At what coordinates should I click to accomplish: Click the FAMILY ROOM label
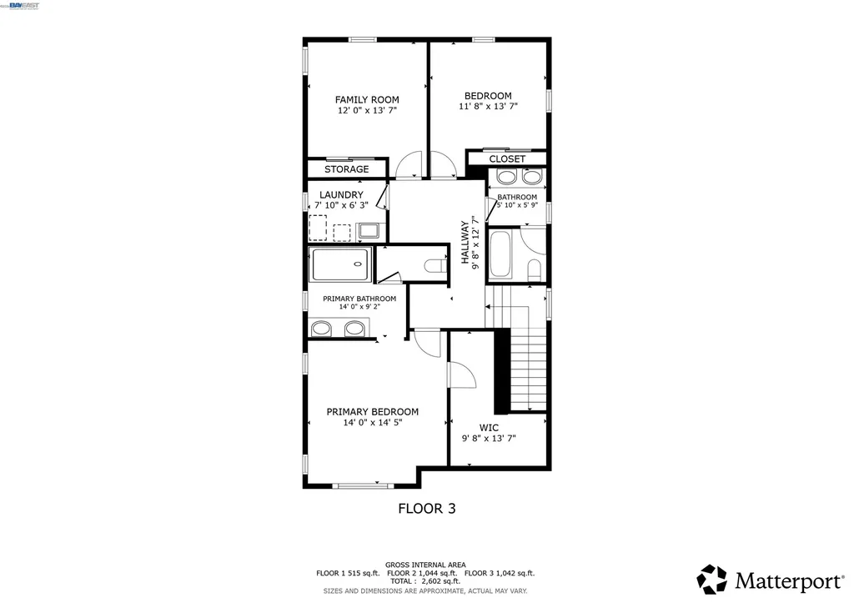coord(367,99)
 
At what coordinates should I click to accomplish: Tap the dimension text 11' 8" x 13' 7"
coord(488,107)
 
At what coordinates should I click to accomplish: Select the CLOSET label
coord(507,158)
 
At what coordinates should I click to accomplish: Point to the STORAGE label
coord(346,169)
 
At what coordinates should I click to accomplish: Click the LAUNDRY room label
coord(341,195)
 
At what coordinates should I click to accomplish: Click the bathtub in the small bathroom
coord(502,254)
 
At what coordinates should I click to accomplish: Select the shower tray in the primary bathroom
coord(340,264)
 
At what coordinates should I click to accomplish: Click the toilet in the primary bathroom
coord(434,266)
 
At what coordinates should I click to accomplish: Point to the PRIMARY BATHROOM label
coord(359,299)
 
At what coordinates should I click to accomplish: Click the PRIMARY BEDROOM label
coord(372,412)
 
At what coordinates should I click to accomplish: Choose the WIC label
coord(489,427)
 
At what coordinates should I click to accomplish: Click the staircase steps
coord(528,367)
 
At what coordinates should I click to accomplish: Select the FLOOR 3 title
coord(426,507)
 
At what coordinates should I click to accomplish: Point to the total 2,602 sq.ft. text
coord(425,581)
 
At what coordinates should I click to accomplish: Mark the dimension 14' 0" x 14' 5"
coord(372,423)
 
